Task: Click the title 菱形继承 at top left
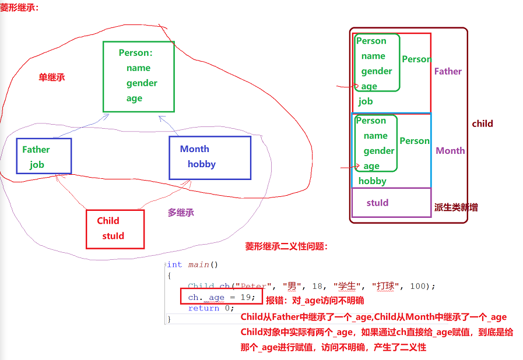click(19, 8)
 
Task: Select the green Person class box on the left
click(138, 76)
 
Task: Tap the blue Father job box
click(44, 156)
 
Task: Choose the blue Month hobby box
click(210, 157)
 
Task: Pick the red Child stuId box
click(114, 229)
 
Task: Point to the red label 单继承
click(52, 77)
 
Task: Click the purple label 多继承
click(181, 213)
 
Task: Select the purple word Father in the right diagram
click(448, 71)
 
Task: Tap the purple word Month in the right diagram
click(450, 150)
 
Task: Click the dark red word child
click(482, 123)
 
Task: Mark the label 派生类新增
click(456, 207)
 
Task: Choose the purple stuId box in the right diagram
click(391, 202)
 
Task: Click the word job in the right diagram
click(366, 101)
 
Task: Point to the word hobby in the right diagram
click(372, 181)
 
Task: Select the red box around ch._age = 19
click(222, 297)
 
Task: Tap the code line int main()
click(192, 264)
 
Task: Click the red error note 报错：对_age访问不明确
click(315, 301)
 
